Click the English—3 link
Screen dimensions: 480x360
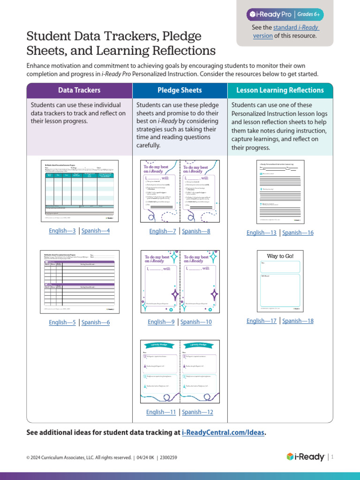point(62,231)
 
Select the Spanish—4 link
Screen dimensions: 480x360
point(96,231)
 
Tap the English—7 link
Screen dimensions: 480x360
point(163,231)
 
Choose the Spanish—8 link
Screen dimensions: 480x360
point(196,231)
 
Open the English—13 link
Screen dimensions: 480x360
point(262,232)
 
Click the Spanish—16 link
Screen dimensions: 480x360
point(298,232)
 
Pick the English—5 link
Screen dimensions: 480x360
point(62,322)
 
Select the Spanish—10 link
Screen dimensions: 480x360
point(196,322)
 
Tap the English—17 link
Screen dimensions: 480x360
point(262,321)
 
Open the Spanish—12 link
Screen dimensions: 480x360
point(197,412)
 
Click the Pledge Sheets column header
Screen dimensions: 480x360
point(180,90)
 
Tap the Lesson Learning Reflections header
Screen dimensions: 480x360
point(280,90)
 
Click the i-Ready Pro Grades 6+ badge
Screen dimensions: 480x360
point(285,15)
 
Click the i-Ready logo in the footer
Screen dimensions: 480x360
point(305,457)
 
